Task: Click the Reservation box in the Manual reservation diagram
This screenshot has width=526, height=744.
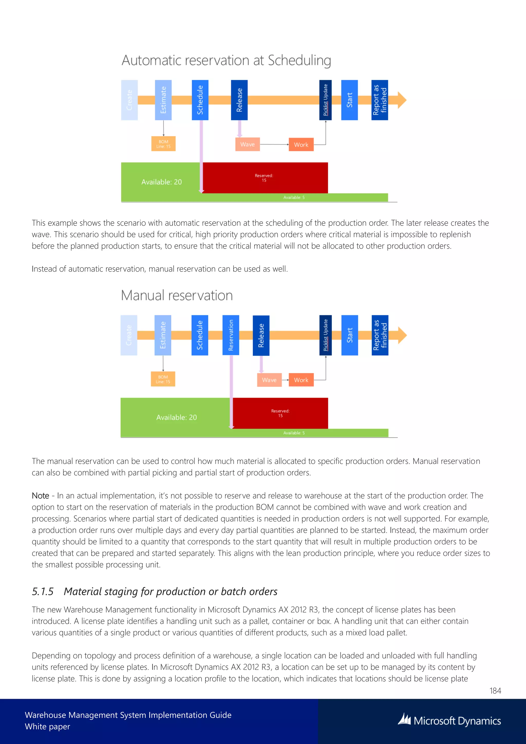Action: pyautogui.click(x=231, y=335)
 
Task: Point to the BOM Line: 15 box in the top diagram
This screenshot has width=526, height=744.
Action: pyautogui.click(x=163, y=144)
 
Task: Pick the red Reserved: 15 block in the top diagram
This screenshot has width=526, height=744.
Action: pyautogui.click(x=264, y=178)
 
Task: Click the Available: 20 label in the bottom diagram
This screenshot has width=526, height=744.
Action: pyautogui.click(x=176, y=417)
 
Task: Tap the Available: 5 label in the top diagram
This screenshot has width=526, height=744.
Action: pyautogui.click(x=294, y=197)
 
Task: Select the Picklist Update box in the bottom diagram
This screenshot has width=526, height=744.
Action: pyautogui.click(x=325, y=335)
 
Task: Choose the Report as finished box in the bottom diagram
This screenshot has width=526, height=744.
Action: pyautogui.click(x=380, y=335)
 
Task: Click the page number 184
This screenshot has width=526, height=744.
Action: pyautogui.click(x=495, y=691)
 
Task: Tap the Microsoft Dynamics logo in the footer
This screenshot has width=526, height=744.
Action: pyautogui.click(x=449, y=721)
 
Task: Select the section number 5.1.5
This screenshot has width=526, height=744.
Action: pyautogui.click(x=42, y=591)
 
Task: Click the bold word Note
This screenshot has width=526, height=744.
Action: pyautogui.click(x=41, y=496)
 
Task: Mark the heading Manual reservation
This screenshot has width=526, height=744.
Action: pyautogui.click(x=177, y=295)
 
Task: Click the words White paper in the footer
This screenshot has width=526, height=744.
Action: pyautogui.click(x=48, y=727)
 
